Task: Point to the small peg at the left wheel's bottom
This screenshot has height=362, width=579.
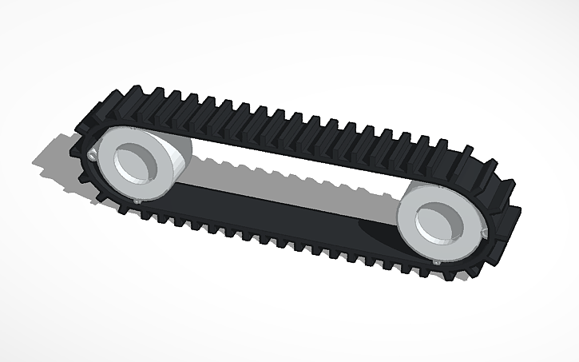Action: (138, 201)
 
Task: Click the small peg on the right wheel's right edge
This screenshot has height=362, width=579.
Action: (482, 233)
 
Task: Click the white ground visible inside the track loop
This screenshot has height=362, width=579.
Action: (288, 164)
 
